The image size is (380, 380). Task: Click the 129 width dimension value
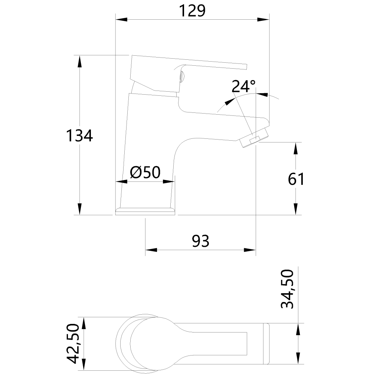coord(192,11)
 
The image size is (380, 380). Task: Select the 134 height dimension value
coord(79,135)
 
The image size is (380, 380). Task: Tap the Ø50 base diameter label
coord(145,172)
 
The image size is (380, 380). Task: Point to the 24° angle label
coord(243,86)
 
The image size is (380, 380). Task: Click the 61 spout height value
coord(296,179)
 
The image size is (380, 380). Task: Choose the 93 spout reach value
coord(200,241)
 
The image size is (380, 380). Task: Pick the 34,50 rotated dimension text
coord(287,289)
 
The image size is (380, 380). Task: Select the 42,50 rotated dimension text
coord(73,343)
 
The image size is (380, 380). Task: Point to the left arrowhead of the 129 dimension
coord(121,19)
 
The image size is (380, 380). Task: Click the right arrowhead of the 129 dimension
coord(263,19)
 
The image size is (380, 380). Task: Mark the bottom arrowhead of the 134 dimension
coord(79,209)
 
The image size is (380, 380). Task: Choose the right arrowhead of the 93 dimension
coord(250,250)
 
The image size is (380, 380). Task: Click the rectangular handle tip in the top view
coord(266,343)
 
